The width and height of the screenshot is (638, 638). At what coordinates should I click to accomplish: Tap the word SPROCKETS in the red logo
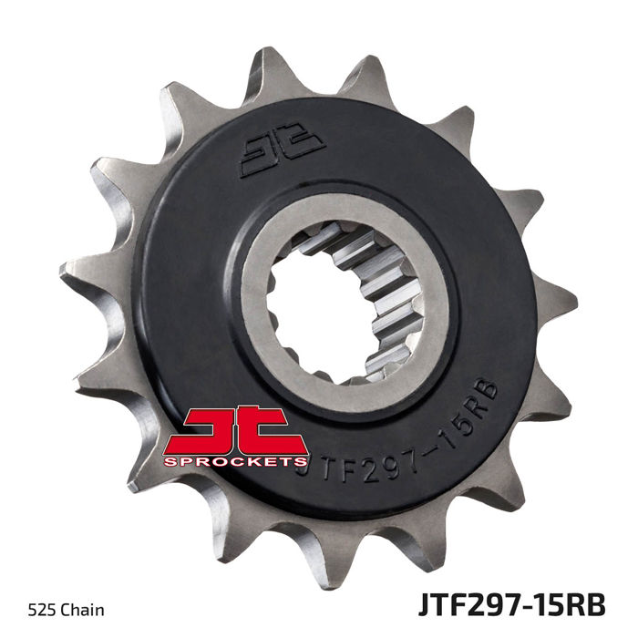pos(235,461)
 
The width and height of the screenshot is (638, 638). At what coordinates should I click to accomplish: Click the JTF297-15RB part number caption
pos(511,605)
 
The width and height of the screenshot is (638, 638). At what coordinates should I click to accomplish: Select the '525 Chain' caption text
pos(66,610)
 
